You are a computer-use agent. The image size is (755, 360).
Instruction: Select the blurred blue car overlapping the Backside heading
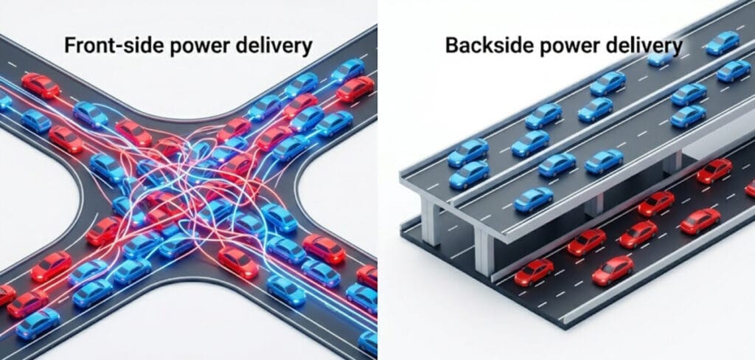pyautogui.click(x=663, y=57)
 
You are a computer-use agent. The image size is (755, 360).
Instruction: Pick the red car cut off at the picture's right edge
pyautogui.click(x=750, y=188)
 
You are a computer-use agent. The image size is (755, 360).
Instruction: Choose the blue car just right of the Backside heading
pyautogui.click(x=723, y=43)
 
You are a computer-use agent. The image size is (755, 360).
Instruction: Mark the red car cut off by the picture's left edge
pyautogui.click(x=6, y=294)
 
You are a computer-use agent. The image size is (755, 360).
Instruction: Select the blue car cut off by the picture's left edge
pyautogui.click(x=5, y=100)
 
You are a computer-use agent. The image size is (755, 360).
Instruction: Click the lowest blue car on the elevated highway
pyautogui.click(x=534, y=199)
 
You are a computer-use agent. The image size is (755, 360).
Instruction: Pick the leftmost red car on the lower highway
pyautogui.click(x=534, y=271)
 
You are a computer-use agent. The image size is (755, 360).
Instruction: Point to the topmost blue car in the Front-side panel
pyautogui.click(x=348, y=70)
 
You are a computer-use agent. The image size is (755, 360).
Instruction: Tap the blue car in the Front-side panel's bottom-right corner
pyautogui.click(x=368, y=342)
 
